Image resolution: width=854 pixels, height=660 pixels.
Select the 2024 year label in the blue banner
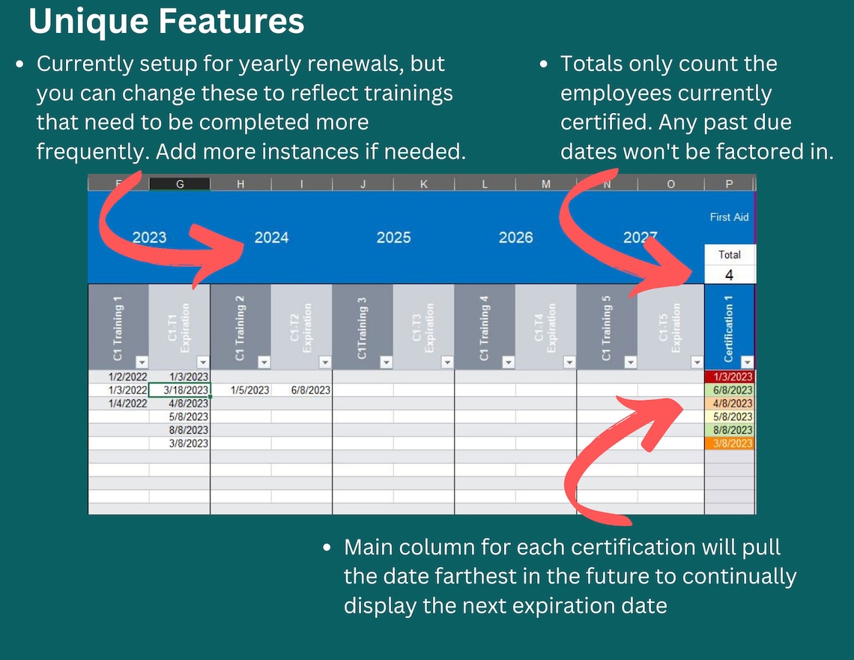point(271,237)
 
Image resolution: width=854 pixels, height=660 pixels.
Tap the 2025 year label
point(393,237)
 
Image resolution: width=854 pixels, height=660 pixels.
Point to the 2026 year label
point(515,237)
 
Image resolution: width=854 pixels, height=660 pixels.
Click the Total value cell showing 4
point(729,275)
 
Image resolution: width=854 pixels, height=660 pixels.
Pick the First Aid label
point(729,217)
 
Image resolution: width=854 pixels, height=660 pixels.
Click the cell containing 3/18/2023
point(180,390)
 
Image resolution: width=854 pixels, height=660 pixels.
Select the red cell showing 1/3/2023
point(729,377)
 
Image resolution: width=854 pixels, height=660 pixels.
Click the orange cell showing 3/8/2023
point(729,443)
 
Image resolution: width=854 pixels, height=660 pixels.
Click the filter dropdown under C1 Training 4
point(509,363)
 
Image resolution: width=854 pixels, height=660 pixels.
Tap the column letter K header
point(424,184)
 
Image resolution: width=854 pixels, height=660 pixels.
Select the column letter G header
point(180,184)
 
